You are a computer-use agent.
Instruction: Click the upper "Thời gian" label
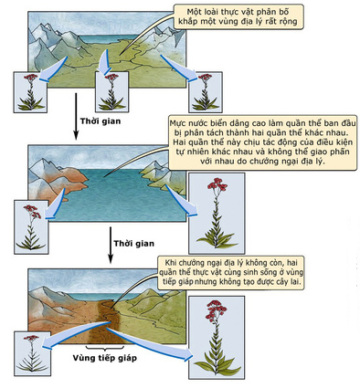coord(101,121)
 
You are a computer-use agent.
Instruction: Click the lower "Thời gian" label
coord(134,244)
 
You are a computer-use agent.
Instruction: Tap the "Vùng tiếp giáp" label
coord(105,358)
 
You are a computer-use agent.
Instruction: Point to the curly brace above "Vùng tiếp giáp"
coord(105,348)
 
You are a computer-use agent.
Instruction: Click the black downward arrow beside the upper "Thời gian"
coord(76,116)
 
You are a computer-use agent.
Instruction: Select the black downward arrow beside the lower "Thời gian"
coord(111,245)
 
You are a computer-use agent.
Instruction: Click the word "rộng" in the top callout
coord(288,21)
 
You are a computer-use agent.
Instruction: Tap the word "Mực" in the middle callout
coord(177,124)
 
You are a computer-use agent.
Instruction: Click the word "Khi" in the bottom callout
coord(170,262)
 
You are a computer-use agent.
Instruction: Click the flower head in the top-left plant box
coord(30,78)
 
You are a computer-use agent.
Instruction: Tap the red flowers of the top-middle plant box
coord(111,77)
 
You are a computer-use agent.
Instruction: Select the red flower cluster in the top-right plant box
coord(205,78)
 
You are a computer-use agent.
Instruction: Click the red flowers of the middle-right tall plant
coord(217,184)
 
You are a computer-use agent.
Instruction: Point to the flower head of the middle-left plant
coord(32,211)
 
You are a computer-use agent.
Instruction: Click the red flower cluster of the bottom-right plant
coord(217,309)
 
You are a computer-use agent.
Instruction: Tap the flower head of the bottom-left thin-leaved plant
coord(31,338)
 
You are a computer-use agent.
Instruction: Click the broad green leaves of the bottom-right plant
coord(217,363)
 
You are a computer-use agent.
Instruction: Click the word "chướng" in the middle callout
coord(263,161)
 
